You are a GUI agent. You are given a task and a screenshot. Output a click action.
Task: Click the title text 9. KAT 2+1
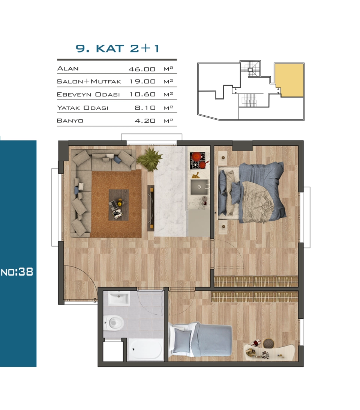pos(117,48)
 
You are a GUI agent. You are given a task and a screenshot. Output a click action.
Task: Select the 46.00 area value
pos(142,69)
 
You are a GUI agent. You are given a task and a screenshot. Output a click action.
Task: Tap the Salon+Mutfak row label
pos(89,81)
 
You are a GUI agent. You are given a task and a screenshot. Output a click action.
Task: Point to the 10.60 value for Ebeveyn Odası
pos(142,94)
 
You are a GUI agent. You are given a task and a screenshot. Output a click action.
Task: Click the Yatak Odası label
pos(82,108)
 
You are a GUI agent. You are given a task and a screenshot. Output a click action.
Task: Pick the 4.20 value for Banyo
pos(145,121)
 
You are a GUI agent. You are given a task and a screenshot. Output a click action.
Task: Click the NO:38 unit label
pos(17,272)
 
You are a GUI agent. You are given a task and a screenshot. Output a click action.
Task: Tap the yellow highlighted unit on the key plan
pos(289,80)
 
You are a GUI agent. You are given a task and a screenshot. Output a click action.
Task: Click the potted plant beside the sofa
pos(150,158)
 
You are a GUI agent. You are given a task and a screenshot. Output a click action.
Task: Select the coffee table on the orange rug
pos(118,205)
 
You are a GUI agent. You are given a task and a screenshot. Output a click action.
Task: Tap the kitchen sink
pos(199,187)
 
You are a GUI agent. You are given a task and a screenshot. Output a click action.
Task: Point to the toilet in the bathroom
pos(114,323)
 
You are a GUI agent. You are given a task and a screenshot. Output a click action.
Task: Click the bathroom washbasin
pos(119,298)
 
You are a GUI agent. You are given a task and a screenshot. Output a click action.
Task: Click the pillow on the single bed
pos(183,341)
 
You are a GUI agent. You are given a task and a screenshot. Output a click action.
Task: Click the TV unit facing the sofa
pos(151,208)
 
